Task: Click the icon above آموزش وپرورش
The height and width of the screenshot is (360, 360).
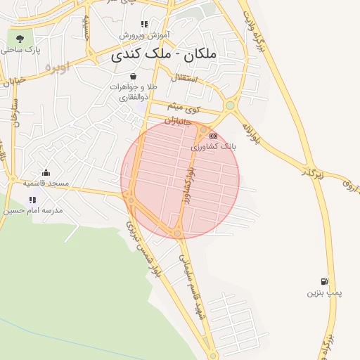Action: pos(144,24)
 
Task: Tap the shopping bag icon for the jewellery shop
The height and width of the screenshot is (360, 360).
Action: pos(133,76)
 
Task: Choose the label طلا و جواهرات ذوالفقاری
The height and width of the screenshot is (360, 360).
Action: pos(133,91)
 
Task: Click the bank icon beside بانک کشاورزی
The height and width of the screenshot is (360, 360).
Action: pos(213,136)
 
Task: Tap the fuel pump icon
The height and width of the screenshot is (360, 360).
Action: pos(323,281)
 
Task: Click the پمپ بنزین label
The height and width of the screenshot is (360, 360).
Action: pos(323,292)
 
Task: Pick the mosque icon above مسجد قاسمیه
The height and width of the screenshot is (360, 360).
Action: pos(46,172)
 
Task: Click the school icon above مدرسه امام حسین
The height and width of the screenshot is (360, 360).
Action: pos(32,200)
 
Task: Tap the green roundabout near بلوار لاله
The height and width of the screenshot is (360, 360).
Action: pos(230,106)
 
